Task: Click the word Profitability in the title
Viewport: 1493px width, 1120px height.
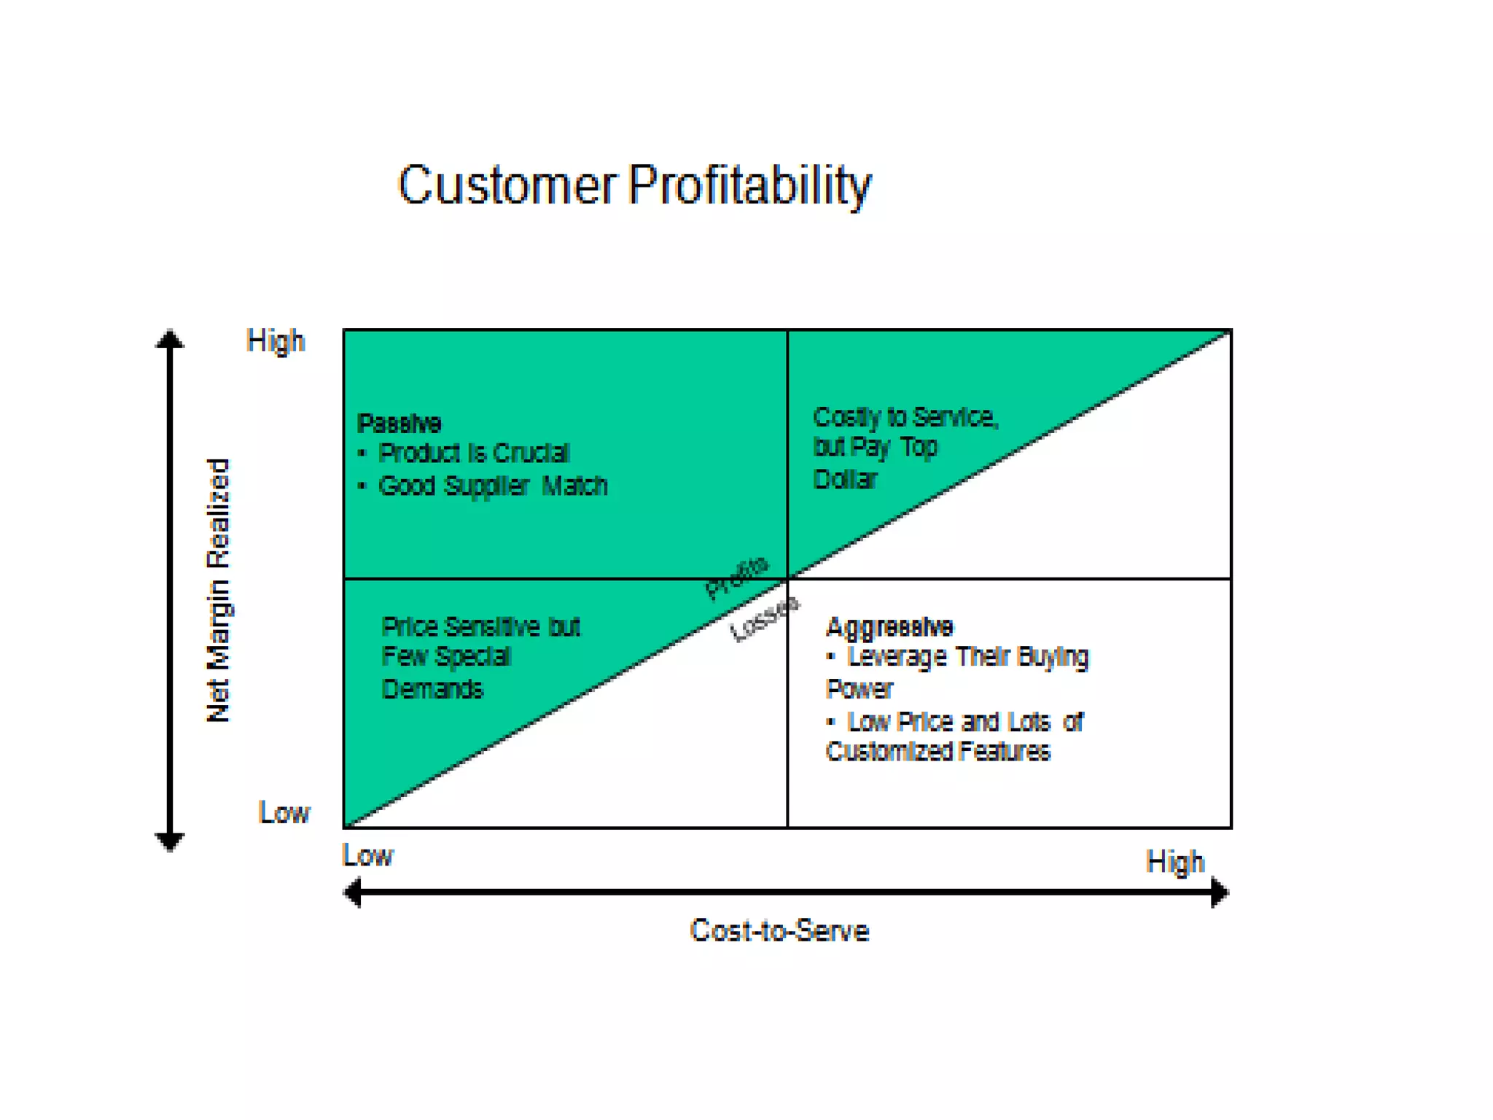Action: point(749,185)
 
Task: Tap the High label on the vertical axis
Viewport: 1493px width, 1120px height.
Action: point(275,341)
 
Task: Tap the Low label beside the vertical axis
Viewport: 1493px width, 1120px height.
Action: point(284,812)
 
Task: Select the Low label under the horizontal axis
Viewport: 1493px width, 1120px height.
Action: point(367,855)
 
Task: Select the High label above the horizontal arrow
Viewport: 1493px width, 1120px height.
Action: point(1174,862)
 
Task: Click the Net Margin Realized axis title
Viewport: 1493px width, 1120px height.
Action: point(218,591)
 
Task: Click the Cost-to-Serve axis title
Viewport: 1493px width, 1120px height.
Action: point(779,931)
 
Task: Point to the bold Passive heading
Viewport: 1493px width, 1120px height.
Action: point(399,423)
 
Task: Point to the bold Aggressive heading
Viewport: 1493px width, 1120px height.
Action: point(889,626)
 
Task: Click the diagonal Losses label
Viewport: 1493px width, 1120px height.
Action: point(764,619)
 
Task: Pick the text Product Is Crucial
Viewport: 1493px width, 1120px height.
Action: point(474,454)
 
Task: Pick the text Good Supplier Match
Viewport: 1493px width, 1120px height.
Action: point(493,486)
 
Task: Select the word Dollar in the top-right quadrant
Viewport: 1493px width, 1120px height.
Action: point(845,479)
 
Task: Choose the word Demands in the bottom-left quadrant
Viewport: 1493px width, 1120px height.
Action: point(432,689)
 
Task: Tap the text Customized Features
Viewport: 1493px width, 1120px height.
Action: point(937,751)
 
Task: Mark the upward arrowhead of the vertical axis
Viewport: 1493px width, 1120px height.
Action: point(170,340)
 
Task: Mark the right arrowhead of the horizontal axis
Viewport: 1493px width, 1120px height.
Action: point(1219,892)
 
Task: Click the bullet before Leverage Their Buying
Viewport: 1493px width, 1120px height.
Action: point(830,656)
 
